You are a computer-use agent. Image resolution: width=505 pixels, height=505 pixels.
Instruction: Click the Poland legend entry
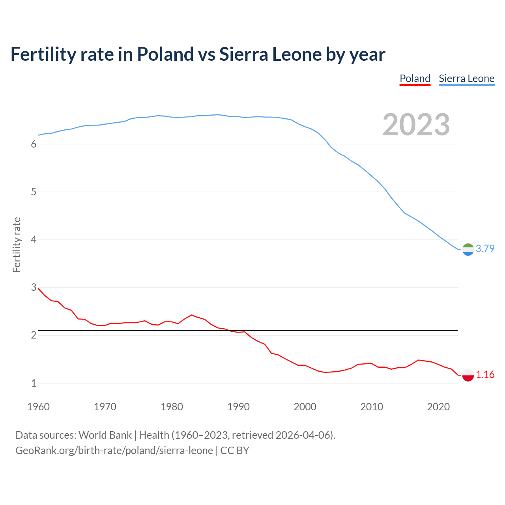click(x=415, y=79)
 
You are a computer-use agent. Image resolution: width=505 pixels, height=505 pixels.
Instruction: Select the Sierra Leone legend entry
click(x=466, y=79)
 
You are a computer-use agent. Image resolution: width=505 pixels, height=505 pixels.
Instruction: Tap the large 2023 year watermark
click(x=416, y=125)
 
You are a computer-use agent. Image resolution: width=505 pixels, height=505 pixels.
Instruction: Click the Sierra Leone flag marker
click(x=468, y=249)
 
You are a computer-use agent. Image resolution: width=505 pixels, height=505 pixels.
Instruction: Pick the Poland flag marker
click(x=468, y=375)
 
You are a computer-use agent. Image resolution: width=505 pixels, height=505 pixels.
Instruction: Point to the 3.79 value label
click(x=485, y=249)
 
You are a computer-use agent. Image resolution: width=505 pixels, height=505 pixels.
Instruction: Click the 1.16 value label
click(x=485, y=374)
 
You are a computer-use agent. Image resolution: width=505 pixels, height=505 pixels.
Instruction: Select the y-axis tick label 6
click(x=34, y=144)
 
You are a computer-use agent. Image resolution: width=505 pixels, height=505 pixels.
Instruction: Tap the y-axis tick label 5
click(x=34, y=192)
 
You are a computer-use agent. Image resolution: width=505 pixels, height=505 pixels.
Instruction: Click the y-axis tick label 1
click(x=34, y=383)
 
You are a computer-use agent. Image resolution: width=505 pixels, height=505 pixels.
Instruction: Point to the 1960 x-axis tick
click(x=38, y=407)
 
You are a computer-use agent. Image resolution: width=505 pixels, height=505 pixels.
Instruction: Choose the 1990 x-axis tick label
click(x=238, y=407)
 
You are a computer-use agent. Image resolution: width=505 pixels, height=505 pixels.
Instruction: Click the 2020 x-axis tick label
click(x=438, y=407)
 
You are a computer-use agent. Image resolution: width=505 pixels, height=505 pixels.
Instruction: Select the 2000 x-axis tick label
click(x=305, y=407)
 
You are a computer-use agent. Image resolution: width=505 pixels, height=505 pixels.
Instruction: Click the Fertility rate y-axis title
click(x=17, y=245)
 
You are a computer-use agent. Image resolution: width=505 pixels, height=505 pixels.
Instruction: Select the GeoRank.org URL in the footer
click(x=114, y=450)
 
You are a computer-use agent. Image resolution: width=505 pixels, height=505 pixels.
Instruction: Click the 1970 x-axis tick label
click(x=105, y=407)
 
